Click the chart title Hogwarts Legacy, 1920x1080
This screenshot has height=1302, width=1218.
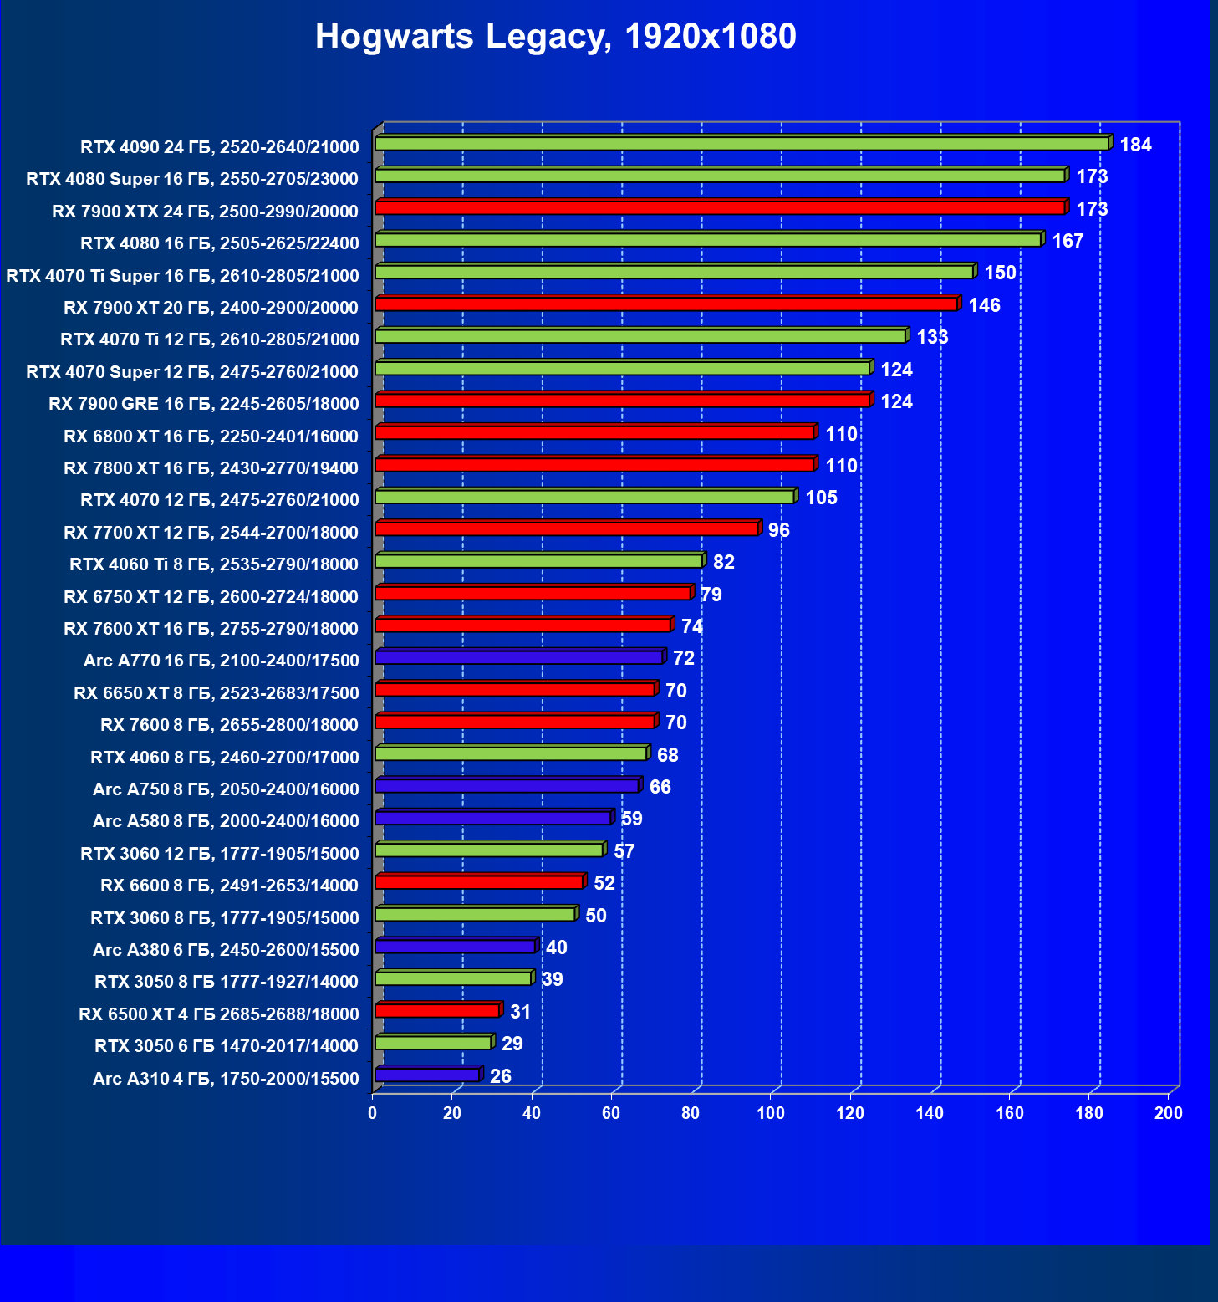555,37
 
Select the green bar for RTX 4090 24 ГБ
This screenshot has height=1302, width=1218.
742,144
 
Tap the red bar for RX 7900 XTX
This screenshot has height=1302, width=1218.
720,207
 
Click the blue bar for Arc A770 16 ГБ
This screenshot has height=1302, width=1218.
518,657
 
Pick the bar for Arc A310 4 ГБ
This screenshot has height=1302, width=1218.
427,1075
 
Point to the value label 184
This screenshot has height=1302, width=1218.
1135,146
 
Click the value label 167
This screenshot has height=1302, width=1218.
1068,242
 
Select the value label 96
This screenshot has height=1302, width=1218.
778,531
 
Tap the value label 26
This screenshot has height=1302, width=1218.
500,1076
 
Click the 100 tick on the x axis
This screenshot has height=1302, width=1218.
771,1113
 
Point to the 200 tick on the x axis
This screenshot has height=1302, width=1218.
1169,1113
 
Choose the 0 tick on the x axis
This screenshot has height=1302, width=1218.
373,1113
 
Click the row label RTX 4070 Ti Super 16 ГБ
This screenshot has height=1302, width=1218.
182,276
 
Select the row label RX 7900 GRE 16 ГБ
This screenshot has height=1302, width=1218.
203,404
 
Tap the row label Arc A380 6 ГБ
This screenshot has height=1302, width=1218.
226,950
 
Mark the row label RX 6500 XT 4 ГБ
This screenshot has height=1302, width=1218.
218,1014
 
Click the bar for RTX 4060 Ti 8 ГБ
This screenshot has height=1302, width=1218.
539,561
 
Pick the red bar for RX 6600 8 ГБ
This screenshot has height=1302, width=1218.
479,882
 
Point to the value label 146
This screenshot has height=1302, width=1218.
984,306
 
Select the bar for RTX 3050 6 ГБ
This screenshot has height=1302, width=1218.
433,1043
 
